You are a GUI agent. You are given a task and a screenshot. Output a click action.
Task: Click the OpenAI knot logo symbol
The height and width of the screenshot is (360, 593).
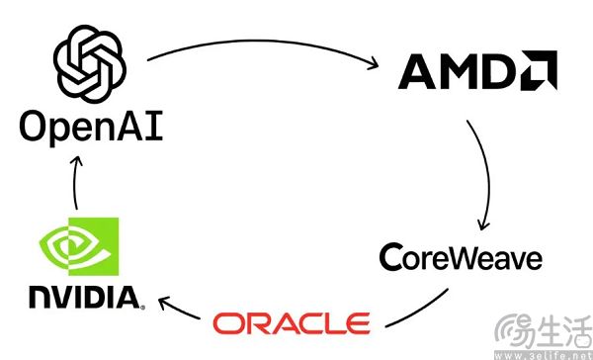click(x=90, y=64)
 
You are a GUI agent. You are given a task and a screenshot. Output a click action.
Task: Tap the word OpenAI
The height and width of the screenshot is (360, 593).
click(x=91, y=127)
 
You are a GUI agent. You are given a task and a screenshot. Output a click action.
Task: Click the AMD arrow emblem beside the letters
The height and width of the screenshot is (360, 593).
click(x=539, y=70)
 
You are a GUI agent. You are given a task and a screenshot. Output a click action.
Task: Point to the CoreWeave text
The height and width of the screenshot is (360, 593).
click(x=461, y=257)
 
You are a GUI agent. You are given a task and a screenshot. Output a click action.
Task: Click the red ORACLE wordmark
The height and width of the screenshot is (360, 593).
click(x=292, y=323)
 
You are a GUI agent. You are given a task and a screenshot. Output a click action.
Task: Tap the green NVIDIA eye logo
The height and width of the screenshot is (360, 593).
click(x=79, y=246)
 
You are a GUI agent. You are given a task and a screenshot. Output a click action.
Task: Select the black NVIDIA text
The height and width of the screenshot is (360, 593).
click(x=86, y=298)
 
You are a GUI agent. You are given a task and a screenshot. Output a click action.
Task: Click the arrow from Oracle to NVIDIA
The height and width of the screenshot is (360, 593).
click(x=178, y=308)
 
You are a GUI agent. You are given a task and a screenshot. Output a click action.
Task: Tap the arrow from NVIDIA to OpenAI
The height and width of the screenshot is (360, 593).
click(x=74, y=182)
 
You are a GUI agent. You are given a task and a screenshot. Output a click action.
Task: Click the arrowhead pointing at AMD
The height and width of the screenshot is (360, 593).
click(x=373, y=63)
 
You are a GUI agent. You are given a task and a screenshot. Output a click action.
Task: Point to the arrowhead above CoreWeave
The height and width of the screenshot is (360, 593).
click(x=483, y=225)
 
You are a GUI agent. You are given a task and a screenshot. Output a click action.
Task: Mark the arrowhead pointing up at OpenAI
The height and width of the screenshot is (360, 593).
click(x=77, y=160)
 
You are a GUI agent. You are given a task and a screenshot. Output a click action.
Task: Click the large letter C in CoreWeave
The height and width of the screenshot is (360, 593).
click(x=390, y=257)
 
